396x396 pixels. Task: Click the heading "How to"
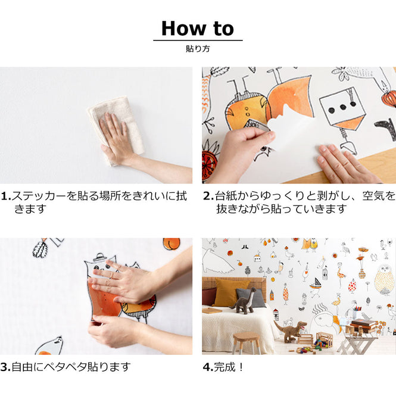(x=198, y=28)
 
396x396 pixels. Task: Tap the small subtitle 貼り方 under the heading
(x=198, y=49)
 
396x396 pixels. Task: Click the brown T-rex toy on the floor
(x=291, y=329)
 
